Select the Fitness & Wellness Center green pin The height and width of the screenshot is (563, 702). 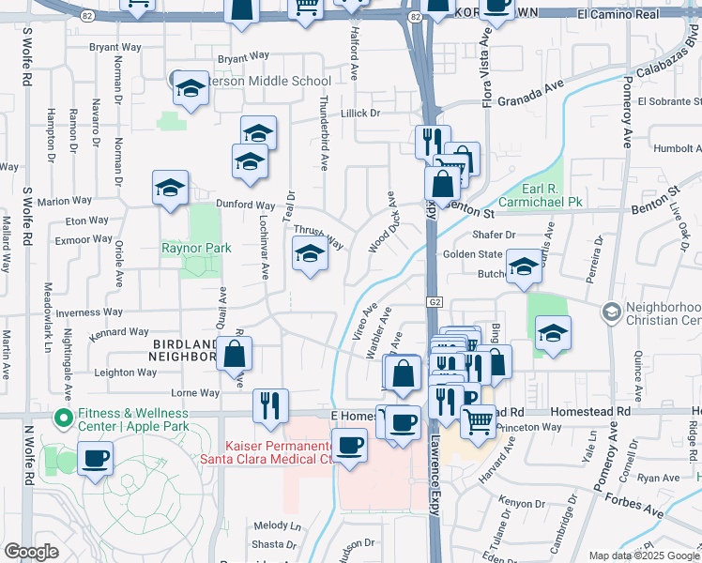pos(63,418)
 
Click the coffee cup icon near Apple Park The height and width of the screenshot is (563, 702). pos(96,460)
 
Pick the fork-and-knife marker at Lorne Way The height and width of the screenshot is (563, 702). pos(269,405)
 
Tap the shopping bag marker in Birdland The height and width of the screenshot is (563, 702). pos(235,355)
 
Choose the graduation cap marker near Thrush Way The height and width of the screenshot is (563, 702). pos(310,253)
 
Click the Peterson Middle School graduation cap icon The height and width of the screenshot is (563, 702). pos(191,89)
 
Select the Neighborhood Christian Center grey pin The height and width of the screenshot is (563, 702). pos(612,311)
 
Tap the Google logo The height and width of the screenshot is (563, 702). pos(31,551)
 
